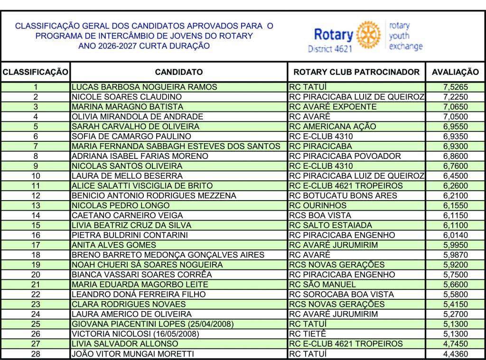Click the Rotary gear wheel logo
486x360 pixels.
368,35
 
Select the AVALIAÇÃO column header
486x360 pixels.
455,72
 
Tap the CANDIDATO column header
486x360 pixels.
178,72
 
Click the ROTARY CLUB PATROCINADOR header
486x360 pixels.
356,72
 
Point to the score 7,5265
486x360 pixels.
455,87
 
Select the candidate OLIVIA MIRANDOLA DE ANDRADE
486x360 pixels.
137,117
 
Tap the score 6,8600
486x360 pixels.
455,156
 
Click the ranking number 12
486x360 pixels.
36,195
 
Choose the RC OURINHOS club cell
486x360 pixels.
318,205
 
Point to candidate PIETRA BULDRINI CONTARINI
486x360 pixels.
130,235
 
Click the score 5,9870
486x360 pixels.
455,255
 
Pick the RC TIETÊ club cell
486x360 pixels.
308,334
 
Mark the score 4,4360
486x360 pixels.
455,354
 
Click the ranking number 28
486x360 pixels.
36,354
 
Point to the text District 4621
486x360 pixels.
330,48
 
